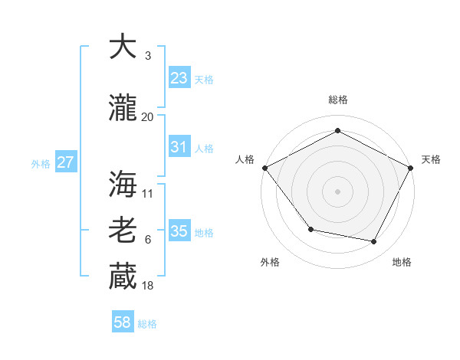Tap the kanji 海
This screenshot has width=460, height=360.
pos(123,184)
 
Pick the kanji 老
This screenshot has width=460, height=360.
pos(123,231)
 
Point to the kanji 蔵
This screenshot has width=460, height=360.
pos(123,277)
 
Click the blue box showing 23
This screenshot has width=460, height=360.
pos(179,78)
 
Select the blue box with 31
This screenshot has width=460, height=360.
pos(179,147)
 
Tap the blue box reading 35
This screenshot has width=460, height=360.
pos(179,231)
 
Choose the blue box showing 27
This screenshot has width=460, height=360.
pos(65,162)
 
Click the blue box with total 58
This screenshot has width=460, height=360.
pos(123,322)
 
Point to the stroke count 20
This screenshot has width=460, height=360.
pos(147,117)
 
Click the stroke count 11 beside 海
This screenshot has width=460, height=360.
pos(148,193)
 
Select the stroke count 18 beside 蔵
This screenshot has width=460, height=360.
pos(147,286)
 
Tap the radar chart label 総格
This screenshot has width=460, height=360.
pos(338,100)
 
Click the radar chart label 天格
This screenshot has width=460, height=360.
pos(431,159)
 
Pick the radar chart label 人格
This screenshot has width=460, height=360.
pos(245,159)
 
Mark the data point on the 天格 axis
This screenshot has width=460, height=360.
pos(412,168)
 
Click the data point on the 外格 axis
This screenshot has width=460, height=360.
pos(310,229)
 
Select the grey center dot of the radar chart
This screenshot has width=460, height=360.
pos(338,191)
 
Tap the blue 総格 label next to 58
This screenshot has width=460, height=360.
pos(147,324)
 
